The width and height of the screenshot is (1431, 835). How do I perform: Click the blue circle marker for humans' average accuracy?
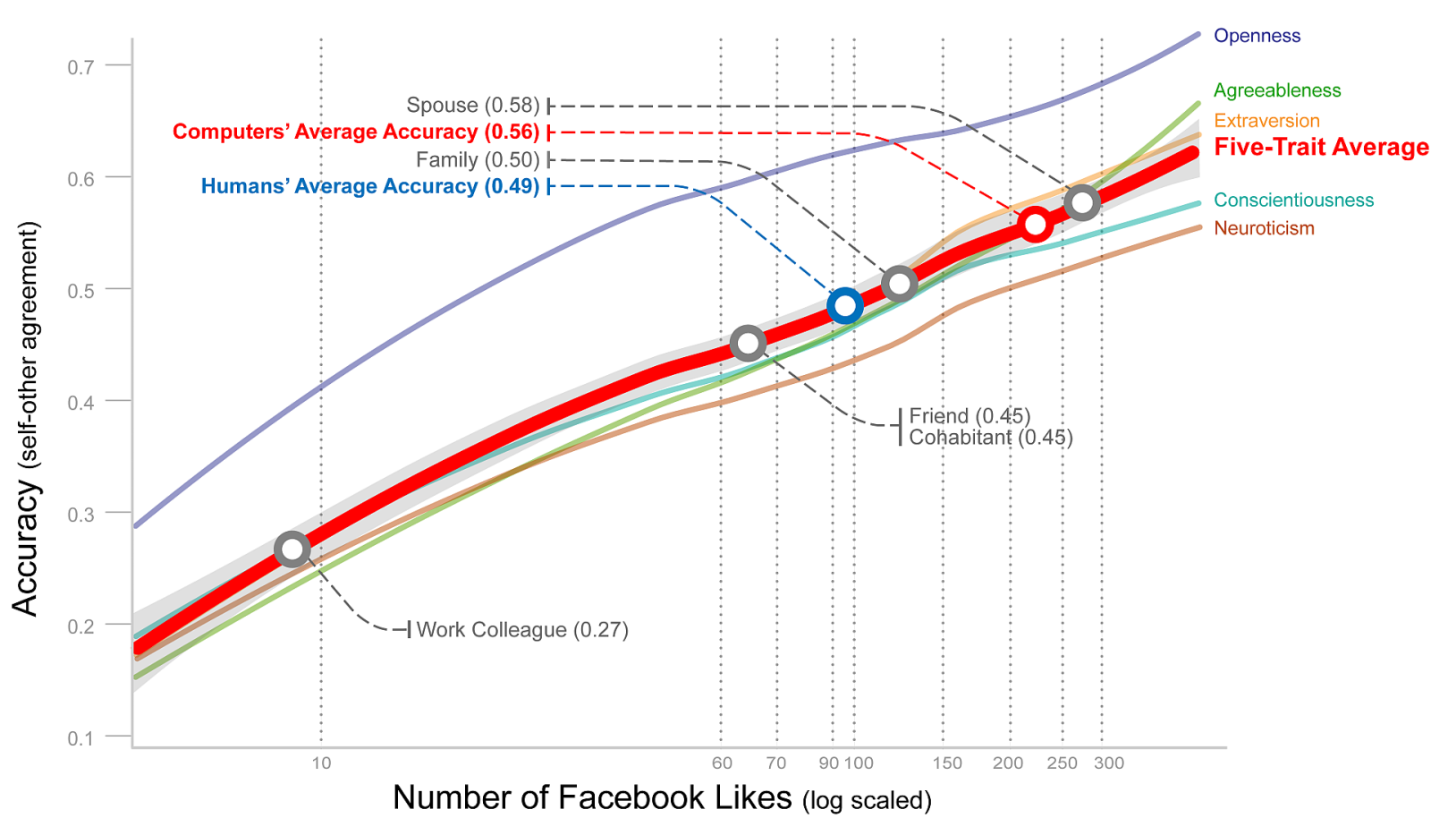pyautogui.click(x=844, y=306)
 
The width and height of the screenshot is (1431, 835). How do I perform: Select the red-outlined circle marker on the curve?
pyautogui.click(x=1035, y=225)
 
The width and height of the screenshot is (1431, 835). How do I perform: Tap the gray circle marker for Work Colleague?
pyautogui.click(x=292, y=549)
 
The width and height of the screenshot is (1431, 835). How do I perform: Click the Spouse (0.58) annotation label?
pyautogui.click(x=473, y=106)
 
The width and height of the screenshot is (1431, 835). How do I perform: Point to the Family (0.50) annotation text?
pyautogui.click(x=478, y=160)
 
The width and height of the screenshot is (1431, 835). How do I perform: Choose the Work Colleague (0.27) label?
pyautogui.click(x=522, y=630)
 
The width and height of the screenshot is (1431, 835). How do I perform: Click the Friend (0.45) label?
pyautogui.click(x=970, y=416)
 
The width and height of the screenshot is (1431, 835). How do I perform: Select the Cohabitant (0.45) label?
pyautogui.click(x=990, y=438)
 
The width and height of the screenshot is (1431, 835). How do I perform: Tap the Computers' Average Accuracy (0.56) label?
pyautogui.click(x=356, y=132)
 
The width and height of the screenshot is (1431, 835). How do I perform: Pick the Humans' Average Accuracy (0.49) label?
pyautogui.click(x=370, y=186)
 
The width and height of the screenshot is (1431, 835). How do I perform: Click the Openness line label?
pyautogui.click(x=1257, y=36)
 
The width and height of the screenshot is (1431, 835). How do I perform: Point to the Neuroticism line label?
pyautogui.click(x=1264, y=228)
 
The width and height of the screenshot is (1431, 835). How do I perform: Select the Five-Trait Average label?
pyautogui.click(x=1321, y=147)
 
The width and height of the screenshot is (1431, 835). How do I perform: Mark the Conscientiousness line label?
pyautogui.click(x=1293, y=200)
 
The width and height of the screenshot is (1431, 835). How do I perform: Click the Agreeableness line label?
pyautogui.click(x=1277, y=90)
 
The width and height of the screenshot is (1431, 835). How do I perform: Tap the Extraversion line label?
pyautogui.click(x=1266, y=121)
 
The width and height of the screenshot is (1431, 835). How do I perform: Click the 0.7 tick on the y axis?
pyautogui.click(x=80, y=66)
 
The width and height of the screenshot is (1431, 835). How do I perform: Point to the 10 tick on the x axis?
pyautogui.click(x=321, y=763)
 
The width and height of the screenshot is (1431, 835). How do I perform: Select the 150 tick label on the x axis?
pyautogui.click(x=947, y=763)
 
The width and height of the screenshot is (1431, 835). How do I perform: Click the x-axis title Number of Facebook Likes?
pyautogui.click(x=592, y=797)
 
